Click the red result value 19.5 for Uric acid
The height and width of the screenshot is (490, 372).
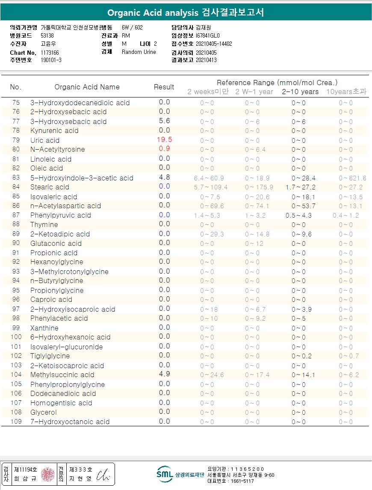point(165,140)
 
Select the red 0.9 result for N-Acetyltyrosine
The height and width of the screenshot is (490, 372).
point(165,149)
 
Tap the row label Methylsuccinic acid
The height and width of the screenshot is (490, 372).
point(62,375)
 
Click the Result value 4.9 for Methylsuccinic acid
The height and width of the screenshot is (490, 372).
point(165,374)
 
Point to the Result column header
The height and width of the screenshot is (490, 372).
point(164,87)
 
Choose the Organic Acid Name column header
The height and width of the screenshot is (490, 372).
point(87,87)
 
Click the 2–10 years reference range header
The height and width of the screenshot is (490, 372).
point(300,92)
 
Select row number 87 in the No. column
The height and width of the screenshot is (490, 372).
point(16,215)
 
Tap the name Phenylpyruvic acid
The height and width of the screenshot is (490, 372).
point(60,215)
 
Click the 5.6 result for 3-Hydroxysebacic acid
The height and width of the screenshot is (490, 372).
point(165,121)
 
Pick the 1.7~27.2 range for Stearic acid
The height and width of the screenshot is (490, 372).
point(300,187)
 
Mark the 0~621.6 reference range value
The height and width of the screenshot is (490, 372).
point(352,178)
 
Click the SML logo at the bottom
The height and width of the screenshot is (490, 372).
point(165,473)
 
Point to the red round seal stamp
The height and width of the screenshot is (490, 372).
point(48,474)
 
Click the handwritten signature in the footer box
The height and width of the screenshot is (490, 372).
point(103,475)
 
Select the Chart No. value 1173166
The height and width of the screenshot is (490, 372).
point(50,53)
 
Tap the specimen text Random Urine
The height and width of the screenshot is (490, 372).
point(139,52)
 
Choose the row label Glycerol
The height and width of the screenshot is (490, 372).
point(43,412)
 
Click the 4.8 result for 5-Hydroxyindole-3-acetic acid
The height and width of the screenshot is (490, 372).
point(165,177)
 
